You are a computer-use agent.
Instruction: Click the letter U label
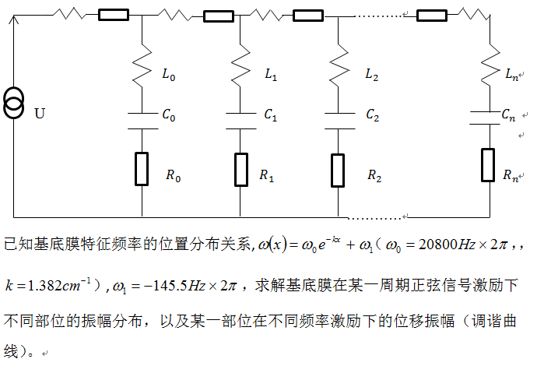click(x=39, y=114)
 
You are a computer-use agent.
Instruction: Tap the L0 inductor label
click(x=168, y=76)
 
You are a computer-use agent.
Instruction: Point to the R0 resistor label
click(x=173, y=176)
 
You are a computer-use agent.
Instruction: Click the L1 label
click(x=271, y=76)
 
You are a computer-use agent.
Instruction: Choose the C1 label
click(x=270, y=114)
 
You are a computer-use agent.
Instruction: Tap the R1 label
click(x=266, y=176)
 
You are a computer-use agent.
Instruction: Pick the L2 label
click(x=372, y=76)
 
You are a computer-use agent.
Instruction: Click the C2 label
click(x=372, y=114)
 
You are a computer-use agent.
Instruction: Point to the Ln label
click(x=511, y=76)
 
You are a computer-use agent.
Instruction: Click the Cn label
click(x=508, y=117)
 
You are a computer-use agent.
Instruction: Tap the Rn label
click(x=511, y=177)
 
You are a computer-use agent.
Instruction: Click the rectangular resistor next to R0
click(x=142, y=169)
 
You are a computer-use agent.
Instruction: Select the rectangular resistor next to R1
click(x=240, y=169)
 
